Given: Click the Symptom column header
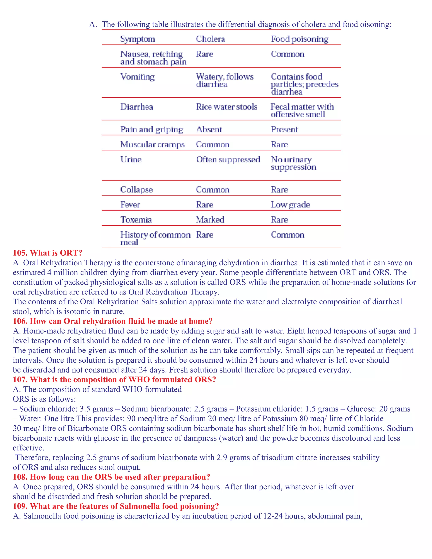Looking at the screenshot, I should tap(138, 39).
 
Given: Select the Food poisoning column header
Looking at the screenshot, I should tap(300, 39).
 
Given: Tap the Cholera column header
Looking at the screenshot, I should tap(210, 39).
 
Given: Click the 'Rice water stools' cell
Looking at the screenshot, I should tap(227, 107).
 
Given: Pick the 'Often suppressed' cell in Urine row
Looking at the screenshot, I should tap(228, 159).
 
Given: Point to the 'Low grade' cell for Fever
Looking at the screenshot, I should tap(290, 204).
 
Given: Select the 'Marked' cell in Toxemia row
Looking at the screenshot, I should tap(210, 220).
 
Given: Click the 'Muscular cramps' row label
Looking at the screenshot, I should tap(152, 144).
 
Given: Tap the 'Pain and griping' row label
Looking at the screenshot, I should tap(151, 130).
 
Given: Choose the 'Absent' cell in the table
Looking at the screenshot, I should tap(209, 130).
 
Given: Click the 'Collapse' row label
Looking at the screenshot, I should tap(136, 190).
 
